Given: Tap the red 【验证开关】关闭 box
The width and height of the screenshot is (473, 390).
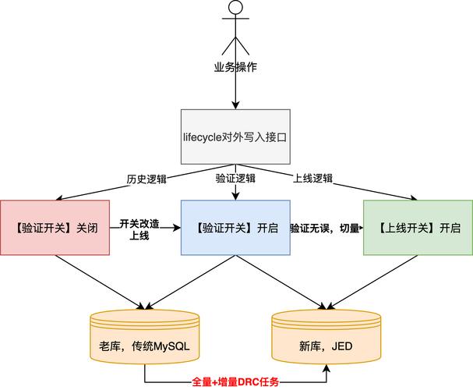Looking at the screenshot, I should coord(55,228).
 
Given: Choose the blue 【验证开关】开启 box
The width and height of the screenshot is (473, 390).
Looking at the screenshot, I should coord(235,228).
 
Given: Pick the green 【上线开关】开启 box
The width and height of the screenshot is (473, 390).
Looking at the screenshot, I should coord(418,228).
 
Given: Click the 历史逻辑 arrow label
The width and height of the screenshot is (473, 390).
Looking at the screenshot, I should coord(146,179).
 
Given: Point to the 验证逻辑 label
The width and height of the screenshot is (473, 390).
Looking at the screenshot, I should coord(235,179).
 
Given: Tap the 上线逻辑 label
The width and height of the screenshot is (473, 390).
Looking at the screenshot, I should coord(312,179).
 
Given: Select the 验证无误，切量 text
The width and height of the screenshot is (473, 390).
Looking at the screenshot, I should coord(325,229).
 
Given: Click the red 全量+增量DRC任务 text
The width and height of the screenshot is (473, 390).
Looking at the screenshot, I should coord(235,382).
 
